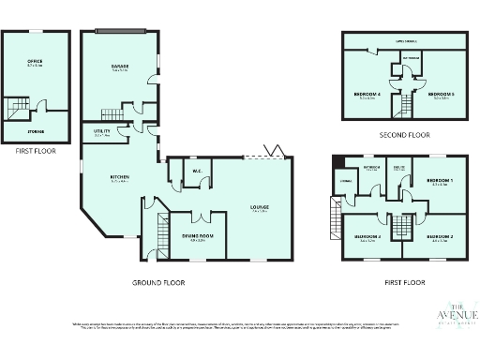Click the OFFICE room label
pyautogui.click(x=35, y=62)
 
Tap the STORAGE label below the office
pyautogui.click(x=35, y=131)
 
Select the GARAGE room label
pyautogui.click(x=120, y=67)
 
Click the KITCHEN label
pyautogui.click(x=120, y=178)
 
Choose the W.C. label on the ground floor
pyautogui.click(x=198, y=172)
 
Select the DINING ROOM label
pyautogui.click(x=198, y=238)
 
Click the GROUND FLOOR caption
pyautogui.click(x=157, y=281)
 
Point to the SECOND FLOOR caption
pyautogui.click(x=405, y=135)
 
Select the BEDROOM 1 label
pyautogui.click(x=439, y=181)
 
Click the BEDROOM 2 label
pyautogui.click(x=439, y=237)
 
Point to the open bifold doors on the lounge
pyautogui.click(x=274, y=150)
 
